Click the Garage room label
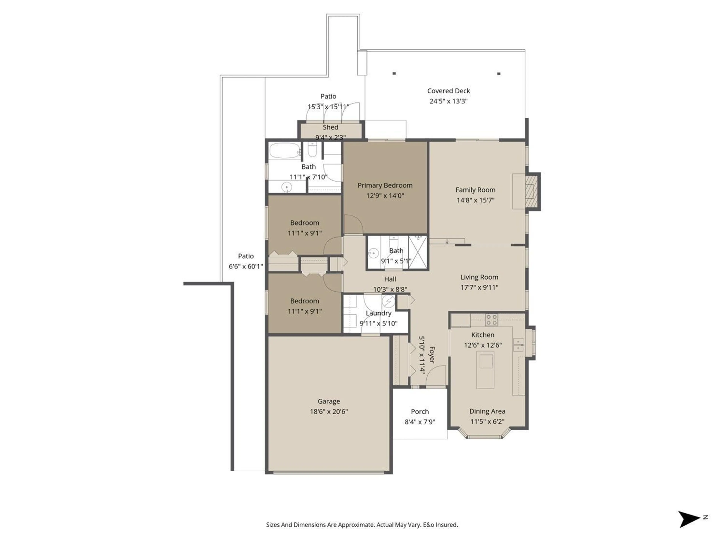tap(329, 401)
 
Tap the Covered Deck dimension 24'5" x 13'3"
tap(448, 101)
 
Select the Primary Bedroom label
tap(385, 185)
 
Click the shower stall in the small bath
tap(418, 252)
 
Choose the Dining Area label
tap(487, 411)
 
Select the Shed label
tap(330, 127)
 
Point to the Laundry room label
tap(378, 313)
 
